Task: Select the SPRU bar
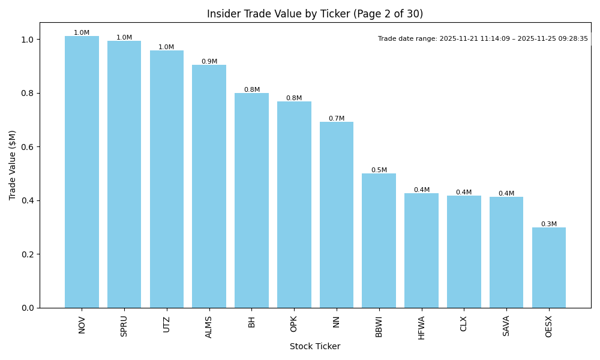click(x=124, y=174)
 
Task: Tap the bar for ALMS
click(x=209, y=186)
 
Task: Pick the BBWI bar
click(x=379, y=240)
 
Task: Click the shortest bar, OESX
click(x=548, y=267)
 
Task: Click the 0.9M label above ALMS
click(x=209, y=62)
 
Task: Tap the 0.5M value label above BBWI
click(x=379, y=170)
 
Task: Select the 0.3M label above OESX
click(x=548, y=224)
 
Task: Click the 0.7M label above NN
click(x=336, y=119)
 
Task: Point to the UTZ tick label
click(x=167, y=324)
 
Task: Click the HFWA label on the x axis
click(x=421, y=328)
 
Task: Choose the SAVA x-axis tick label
click(x=506, y=326)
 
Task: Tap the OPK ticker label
click(x=294, y=324)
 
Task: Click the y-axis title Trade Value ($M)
click(x=13, y=165)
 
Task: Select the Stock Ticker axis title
click(x=315, y=347)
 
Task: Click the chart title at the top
click(x=315, y=14)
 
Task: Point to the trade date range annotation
click(x=483, y=39)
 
